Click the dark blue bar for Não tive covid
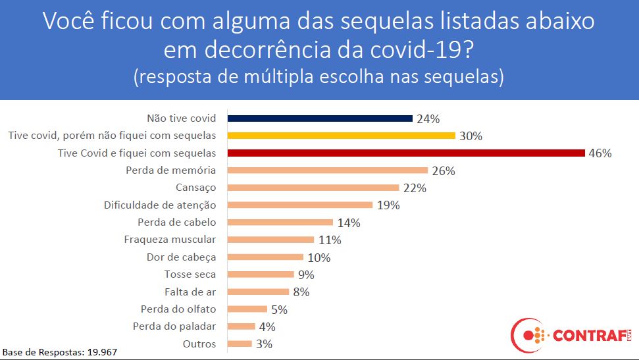[x=320, y=118]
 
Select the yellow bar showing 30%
[x=341, y=136]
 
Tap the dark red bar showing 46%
[x=405, y=153]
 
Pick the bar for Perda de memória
[x=327, y=170]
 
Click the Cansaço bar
[x=313, y=188]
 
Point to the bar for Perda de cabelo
[x=280, y=222]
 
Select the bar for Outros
[x=240, y=343]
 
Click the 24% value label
[x=428, y=119]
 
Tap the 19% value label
[x=388, y=205]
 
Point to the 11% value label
[x=329, y=240]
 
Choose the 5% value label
[x=280, y=309]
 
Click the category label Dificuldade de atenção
[x=160, y=205]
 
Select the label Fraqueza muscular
[x=170, y=240]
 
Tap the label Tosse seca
[x=190, y=274]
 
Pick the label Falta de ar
[x=190, y=292]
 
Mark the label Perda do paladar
[x=174, y=326]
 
